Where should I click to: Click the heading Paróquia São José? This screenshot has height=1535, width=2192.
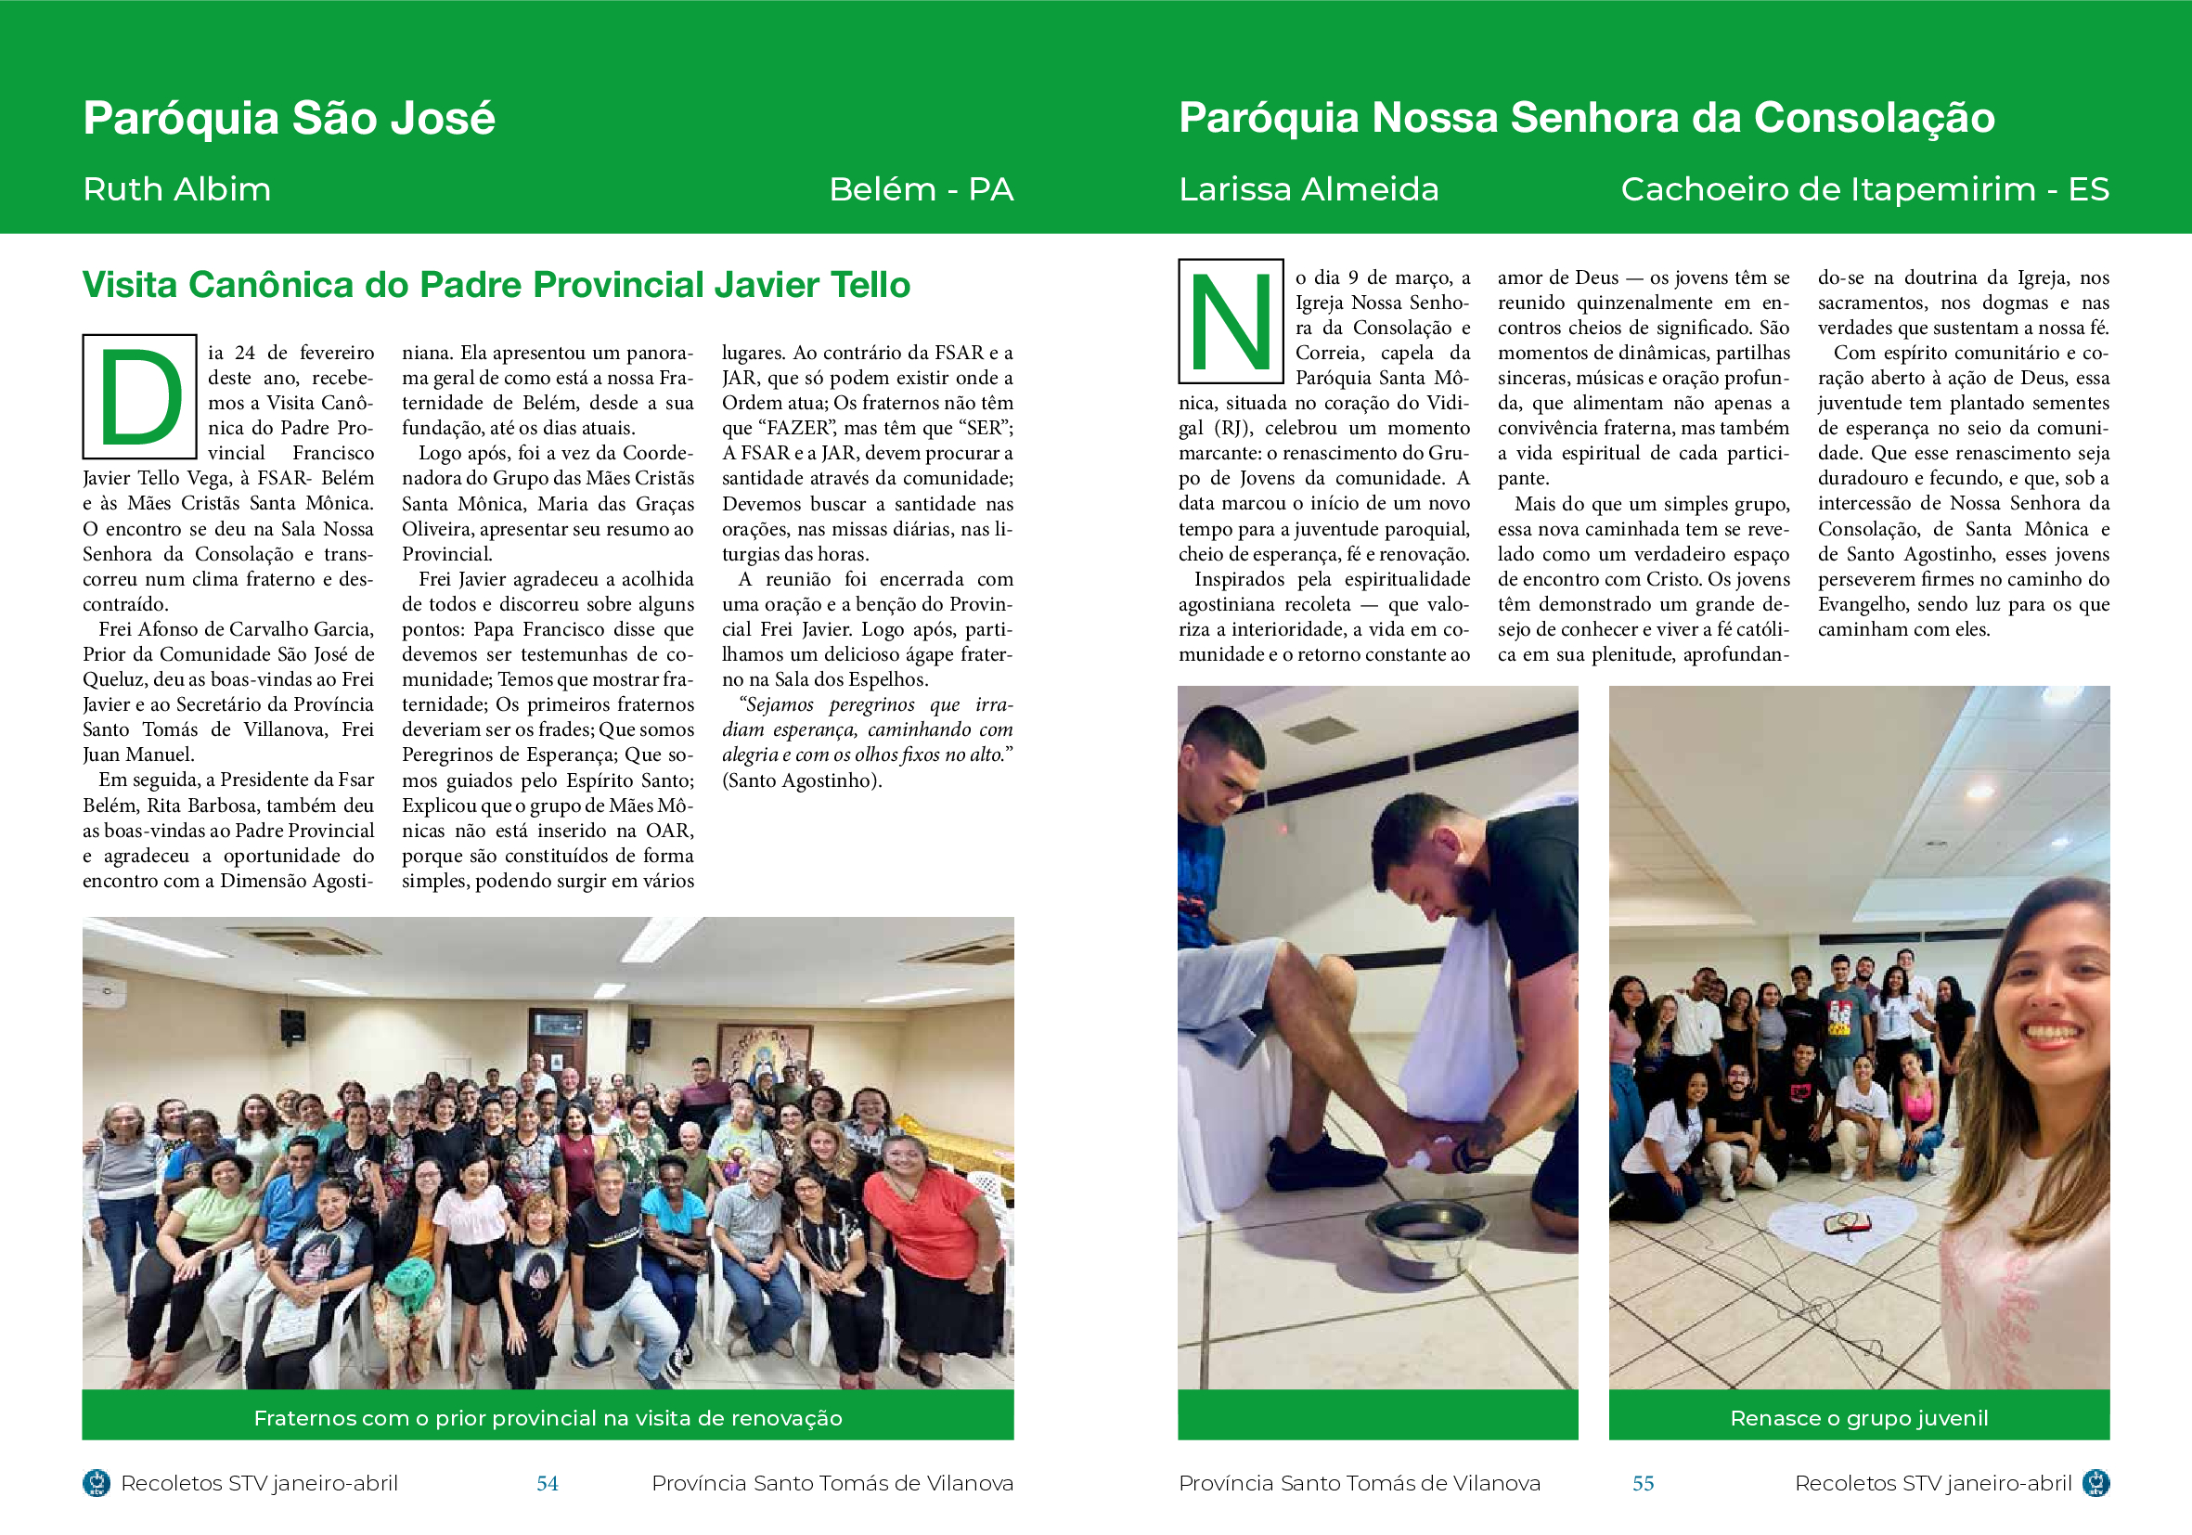point(289,119)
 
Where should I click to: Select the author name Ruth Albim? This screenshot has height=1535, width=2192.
point(176,189)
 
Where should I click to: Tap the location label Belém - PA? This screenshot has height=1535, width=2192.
point(921,189)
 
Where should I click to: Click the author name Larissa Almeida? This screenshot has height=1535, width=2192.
point(1308,189)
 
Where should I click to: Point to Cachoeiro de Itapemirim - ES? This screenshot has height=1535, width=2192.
point(1863,189)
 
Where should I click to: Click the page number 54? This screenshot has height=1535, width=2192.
point(547,1482)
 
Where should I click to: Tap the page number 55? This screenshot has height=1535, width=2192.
point(1642,1482)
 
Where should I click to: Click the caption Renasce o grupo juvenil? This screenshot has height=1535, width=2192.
point(1859,1417)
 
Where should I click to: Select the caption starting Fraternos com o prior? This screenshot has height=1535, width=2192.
point(547,1417)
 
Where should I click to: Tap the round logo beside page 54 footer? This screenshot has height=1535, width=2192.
point(97,1482)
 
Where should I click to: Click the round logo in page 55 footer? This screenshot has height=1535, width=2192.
point(2095,1482)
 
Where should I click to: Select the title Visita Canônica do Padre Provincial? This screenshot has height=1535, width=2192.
point(496,285)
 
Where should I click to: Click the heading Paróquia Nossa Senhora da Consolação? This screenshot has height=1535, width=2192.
point(1586,119)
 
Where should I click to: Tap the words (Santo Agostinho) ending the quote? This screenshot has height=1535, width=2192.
point(801,780)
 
